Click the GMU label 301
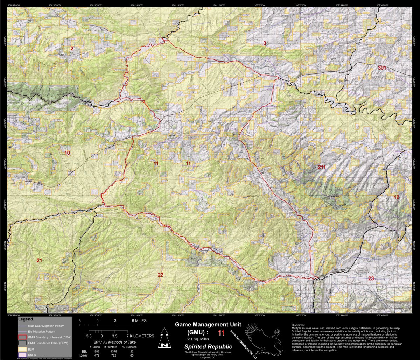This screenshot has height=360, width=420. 382,68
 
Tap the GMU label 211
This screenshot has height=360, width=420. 322,167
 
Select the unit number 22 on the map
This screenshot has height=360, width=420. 160,275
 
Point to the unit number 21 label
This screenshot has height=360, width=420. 39,260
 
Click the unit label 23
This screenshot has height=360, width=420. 371,278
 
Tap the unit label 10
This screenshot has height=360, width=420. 67,153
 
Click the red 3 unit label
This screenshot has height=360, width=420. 265,43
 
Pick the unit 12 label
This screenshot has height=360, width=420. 396,197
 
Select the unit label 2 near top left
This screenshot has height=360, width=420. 72,48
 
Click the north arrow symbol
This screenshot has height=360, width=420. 163,338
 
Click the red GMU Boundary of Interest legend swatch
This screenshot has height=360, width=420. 22,337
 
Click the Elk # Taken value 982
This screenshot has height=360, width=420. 97,351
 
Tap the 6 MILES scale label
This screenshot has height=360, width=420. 139,320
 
